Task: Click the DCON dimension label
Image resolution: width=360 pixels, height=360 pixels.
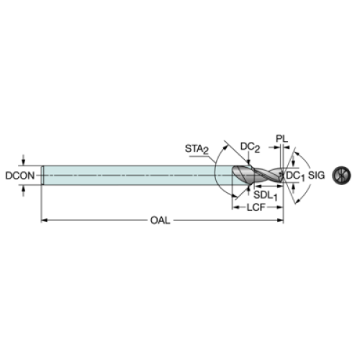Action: (x=20, y=176)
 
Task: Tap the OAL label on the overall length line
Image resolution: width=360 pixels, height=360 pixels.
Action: (x=160, y=220)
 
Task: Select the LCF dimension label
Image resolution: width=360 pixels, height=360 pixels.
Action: (x=256, y=207)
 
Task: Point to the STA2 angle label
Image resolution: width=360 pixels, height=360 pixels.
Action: (x=197, y=149)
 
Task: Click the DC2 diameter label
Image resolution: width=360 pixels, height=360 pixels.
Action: (x=250, y=147)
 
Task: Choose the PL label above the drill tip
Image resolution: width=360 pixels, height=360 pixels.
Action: (x=282, y=139)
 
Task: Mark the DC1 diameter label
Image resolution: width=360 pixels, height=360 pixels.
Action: (x=295, y=176)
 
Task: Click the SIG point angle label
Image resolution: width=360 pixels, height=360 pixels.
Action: (x=316, y=176)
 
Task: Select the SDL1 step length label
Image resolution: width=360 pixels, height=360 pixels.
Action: (x=266, y=196)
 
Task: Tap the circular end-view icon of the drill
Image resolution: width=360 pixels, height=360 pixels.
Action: (x=341, y=176)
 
